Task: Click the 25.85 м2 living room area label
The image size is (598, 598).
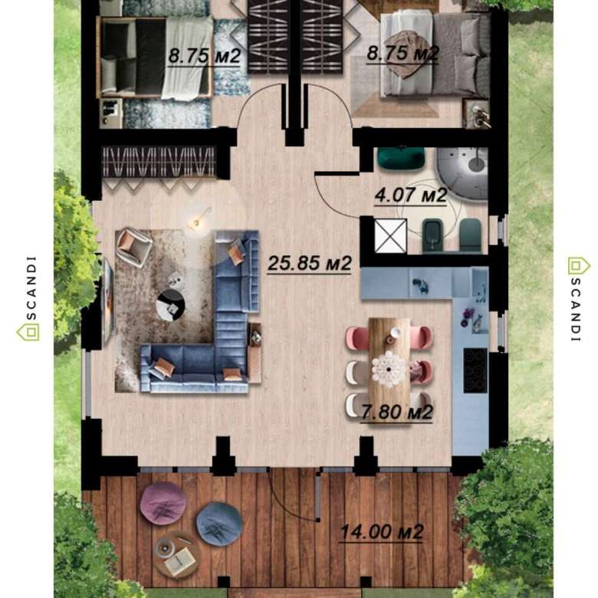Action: tap(309, 263)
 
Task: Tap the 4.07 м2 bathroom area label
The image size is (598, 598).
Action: tap(411, 195)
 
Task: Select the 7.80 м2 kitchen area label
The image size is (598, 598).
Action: tap(397, 412)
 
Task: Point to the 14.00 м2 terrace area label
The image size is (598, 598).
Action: tap(381, 531)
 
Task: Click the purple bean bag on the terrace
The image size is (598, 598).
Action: tap(163, 503)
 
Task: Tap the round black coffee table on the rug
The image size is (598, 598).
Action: tap(171, 305)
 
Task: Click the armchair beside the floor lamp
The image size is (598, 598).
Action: tap(133, 246)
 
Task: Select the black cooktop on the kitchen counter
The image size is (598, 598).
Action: tap(475, 371)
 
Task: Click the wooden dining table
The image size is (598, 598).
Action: tap(389, 357)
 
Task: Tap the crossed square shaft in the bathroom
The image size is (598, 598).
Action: tap(390, 235)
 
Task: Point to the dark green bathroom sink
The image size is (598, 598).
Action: tap(401, 157)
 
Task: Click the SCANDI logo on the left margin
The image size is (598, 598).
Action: tap(29, 298)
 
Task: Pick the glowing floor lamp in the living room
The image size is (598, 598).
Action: tap(197, 223)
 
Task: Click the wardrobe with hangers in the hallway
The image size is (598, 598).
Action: tap(159, 162)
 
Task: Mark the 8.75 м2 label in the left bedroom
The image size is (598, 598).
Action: tap(204, 56)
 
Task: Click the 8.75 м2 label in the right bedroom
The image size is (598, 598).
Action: tap(402, 53)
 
